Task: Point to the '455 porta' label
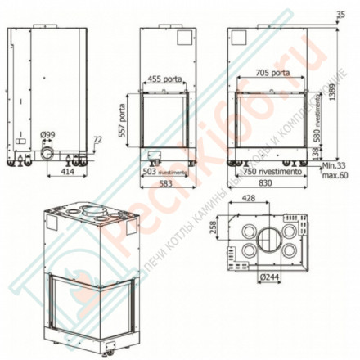[x=166, y=80]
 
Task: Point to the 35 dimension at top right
[x=340, y=11]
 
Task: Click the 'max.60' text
[x=335, y=175]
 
